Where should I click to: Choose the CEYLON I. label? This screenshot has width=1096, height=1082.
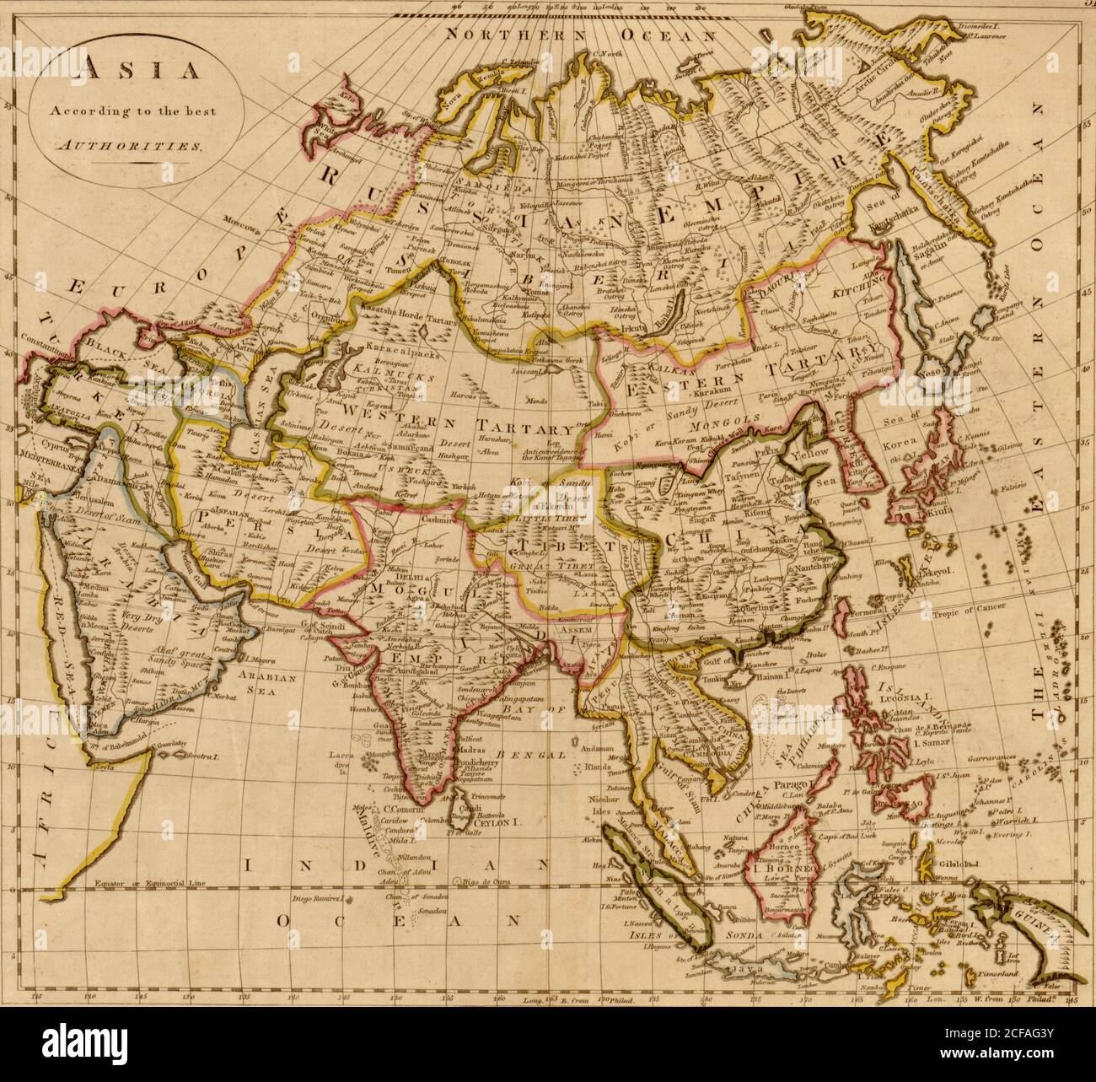[x=503, y=816]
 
